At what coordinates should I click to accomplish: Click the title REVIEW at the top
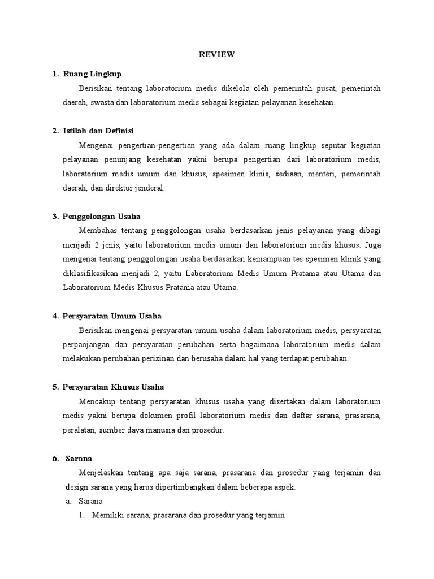click(x=216, y=54)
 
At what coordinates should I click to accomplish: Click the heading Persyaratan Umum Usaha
click(x=112, y=316)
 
